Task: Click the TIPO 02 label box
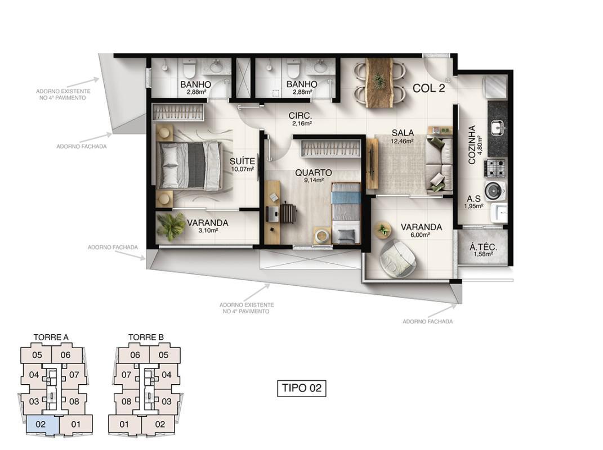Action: (302, 388)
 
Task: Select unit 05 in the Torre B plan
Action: (163, 355)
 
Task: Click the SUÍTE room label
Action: (242, 161)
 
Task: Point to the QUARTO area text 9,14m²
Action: (314, 180)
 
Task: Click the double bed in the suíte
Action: (190, 165)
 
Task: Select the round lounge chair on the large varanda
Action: (398, 258)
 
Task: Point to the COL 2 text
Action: (429, 88)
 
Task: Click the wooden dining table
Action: (379, 83)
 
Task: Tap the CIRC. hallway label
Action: (300, 115)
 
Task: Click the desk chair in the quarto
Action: (288, 213)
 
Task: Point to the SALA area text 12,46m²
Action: (403, 141)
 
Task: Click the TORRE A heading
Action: (51, 337)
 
